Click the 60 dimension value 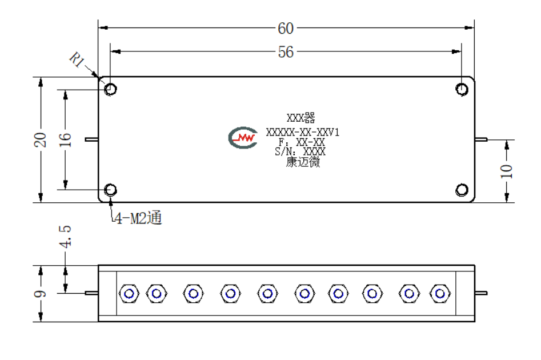[286, 29]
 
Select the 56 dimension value [286, 52]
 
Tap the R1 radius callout [77, 59]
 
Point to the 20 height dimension [40, 140]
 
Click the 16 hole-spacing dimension [65, 140]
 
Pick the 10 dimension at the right [506, 171]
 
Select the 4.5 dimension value [65, 237]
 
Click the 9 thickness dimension [40, 294]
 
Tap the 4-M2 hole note [138, 218]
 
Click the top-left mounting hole [110, 89]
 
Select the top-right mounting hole [462, 89]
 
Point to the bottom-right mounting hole [462, 190]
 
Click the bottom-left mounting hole [110, 190]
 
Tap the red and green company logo [243, 138]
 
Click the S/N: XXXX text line [300, 151]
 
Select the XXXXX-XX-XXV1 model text [303, 132]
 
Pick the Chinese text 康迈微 [303, 162]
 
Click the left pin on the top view [92, 139]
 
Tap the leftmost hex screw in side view [129, 294]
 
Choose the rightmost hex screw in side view [440, 294]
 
